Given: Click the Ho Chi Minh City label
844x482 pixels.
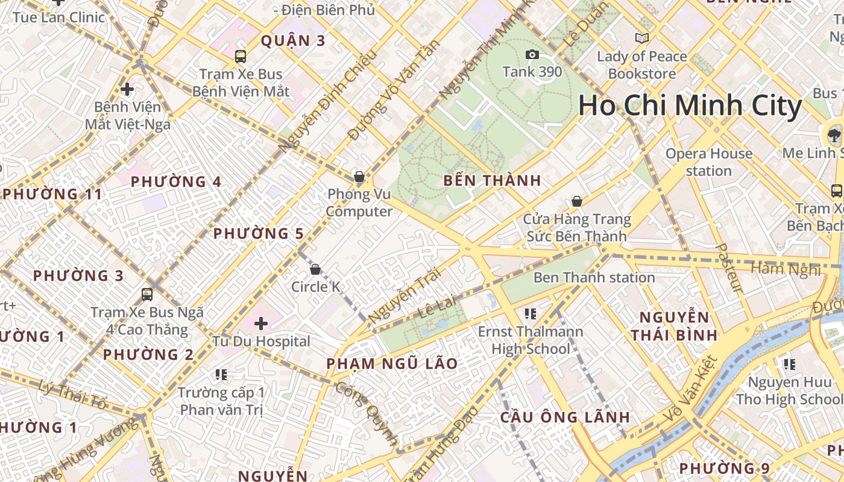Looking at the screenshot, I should click(x=690, y=105).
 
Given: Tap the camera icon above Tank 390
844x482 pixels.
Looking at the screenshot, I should click(x=532, y=55).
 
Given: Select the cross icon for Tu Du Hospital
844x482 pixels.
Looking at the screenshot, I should click(x=261, y=324).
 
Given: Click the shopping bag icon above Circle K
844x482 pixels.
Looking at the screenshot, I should click(x=315, y=269).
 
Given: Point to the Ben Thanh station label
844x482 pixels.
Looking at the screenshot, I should click(x=594, y=278).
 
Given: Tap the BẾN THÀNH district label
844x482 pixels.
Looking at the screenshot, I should click(x=492, y=181).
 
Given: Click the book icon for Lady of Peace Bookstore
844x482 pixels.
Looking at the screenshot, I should click(x=642, y=39).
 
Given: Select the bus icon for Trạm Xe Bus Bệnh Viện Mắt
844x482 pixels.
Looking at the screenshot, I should click(x=241, y=57).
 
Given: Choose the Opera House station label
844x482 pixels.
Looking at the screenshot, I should click(x=708, y=162).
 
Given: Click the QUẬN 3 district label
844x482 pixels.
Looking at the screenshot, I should click(x=293, y=41).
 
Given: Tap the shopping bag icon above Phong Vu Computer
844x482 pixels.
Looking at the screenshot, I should click(x=359, y=177).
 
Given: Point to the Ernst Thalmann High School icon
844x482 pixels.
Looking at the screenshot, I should click(x=531, y=313).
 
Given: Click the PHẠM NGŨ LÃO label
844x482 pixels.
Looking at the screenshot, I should click(x=392, y=364).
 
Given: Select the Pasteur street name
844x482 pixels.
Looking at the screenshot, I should click(x=728, y=268).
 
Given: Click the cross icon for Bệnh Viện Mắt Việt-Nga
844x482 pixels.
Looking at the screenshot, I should click(x=127, y=90).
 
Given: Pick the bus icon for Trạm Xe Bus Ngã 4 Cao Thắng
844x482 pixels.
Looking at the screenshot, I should click(x=147, y=295).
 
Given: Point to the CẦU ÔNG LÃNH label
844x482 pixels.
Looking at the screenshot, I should click(x=565, y=418).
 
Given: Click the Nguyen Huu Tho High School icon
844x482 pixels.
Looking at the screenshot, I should click(x=789, y=365).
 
